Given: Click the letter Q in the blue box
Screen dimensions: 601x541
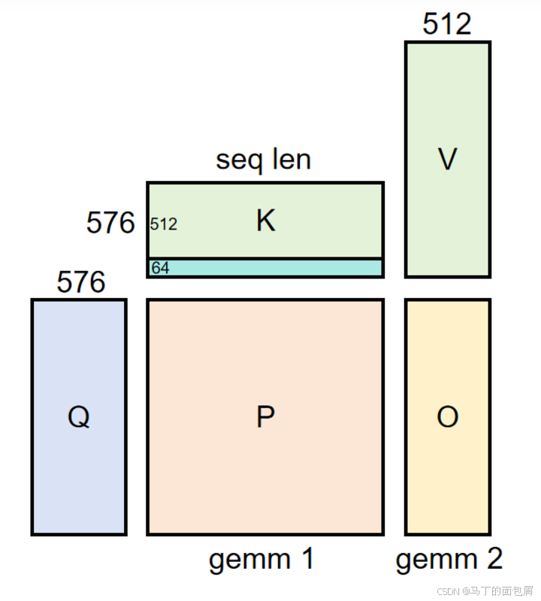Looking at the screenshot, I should click(x=78, y=416).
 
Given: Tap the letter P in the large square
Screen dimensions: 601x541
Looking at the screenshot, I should click(x=264, y=416).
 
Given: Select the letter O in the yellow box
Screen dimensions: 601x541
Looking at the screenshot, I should click(x=447, y=416).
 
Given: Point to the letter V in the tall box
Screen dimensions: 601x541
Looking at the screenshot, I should click(x=447, y=159).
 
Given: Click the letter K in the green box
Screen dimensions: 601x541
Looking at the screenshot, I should click(x=265, y=221).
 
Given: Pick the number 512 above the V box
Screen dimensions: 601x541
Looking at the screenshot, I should click(x=447, y=24).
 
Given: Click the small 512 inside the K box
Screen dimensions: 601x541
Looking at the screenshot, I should click(x=164, y=224).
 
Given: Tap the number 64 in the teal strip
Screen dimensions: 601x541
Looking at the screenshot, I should click(x=160, y=268).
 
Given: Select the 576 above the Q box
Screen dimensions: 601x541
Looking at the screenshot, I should click(x=80, y=282).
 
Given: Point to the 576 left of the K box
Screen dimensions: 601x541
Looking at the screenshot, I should click(x=110, y=223).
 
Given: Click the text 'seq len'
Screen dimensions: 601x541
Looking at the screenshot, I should click(x=263, y=159).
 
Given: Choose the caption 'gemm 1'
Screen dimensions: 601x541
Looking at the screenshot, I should click(x=261, y=559).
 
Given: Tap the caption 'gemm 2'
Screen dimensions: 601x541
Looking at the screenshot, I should click(x=449, y=559).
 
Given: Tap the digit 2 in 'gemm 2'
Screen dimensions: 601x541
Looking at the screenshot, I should click(x=492, y=559).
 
